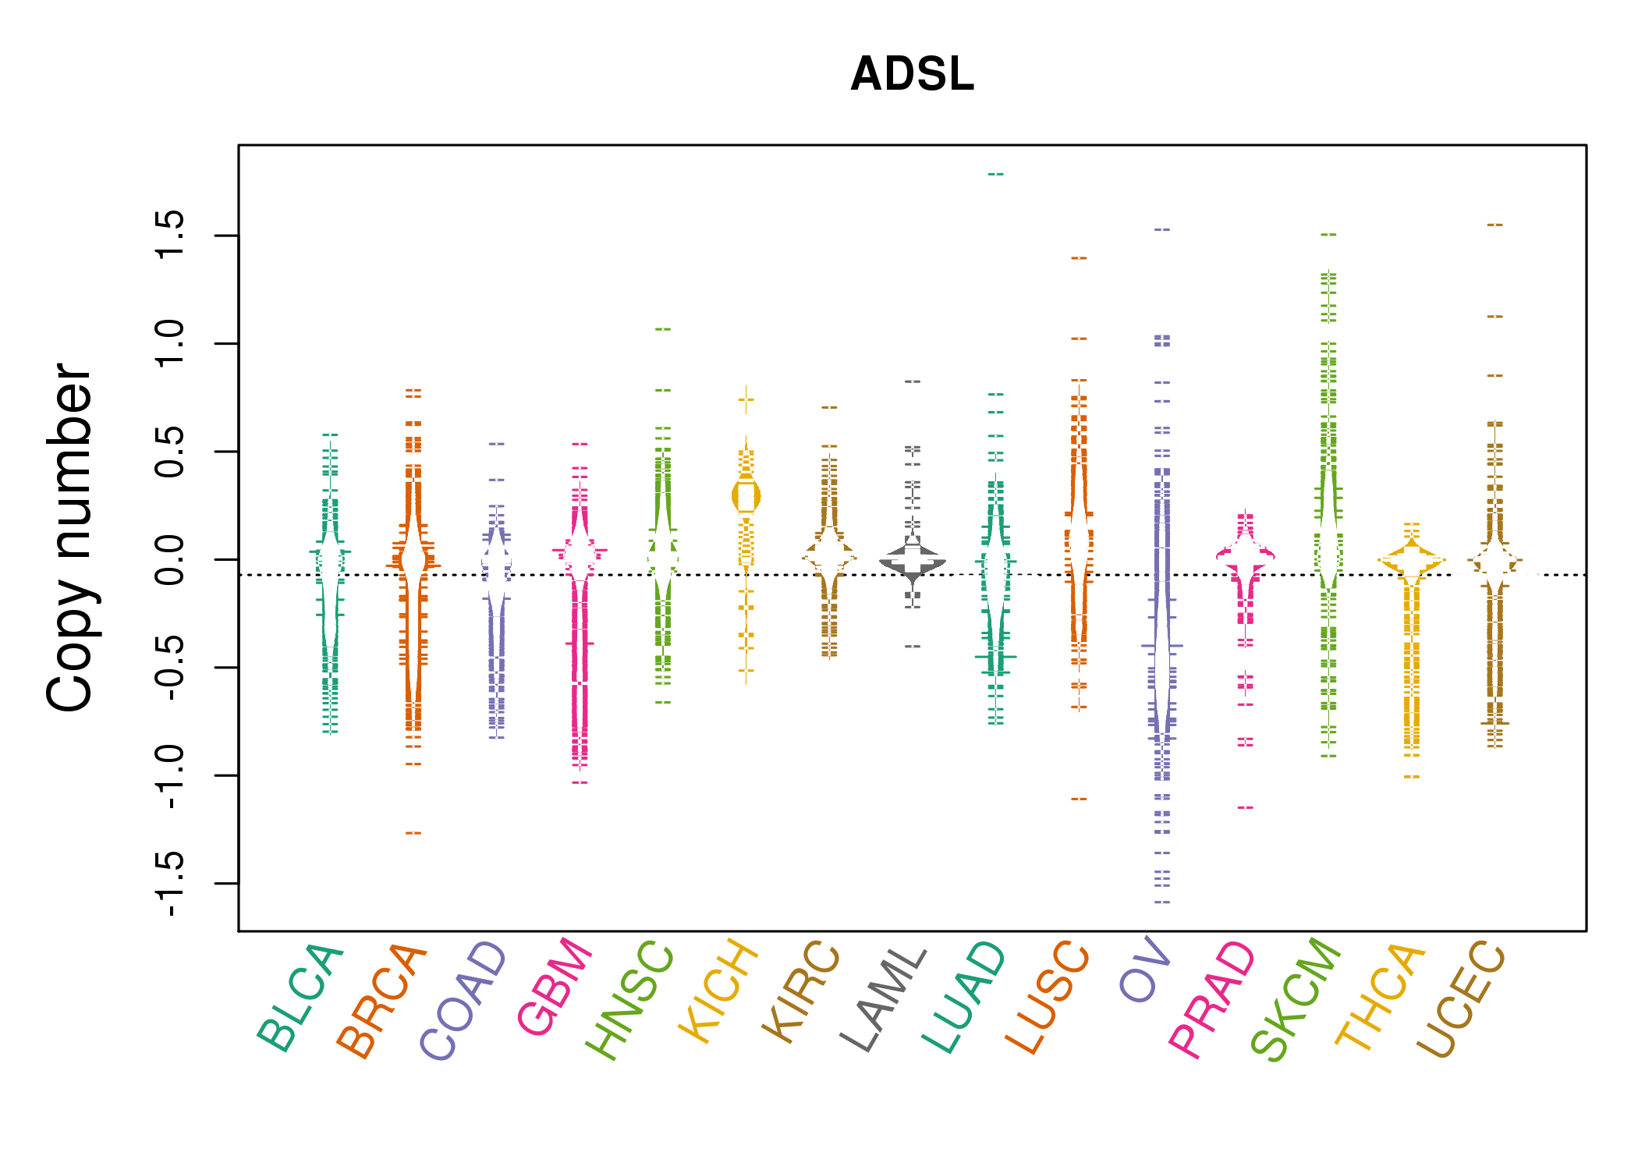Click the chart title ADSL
pos(912,74)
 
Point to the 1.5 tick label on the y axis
pos(170,235)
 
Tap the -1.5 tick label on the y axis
pos(170,883)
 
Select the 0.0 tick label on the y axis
pos(170,559)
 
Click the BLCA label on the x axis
pos(300,998)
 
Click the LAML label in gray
pos(884,999)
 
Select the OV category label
pos(1145,970)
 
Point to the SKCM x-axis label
pos(1296,999)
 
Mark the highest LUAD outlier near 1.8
pos(996,174)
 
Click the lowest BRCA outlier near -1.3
pos(413,833)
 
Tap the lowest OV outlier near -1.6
pos(1162,902)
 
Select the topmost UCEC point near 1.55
pos(1494,225)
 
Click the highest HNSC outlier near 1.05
pos(663,329)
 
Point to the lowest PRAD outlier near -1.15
pos(1246,807)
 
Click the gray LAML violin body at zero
pos(913,561)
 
